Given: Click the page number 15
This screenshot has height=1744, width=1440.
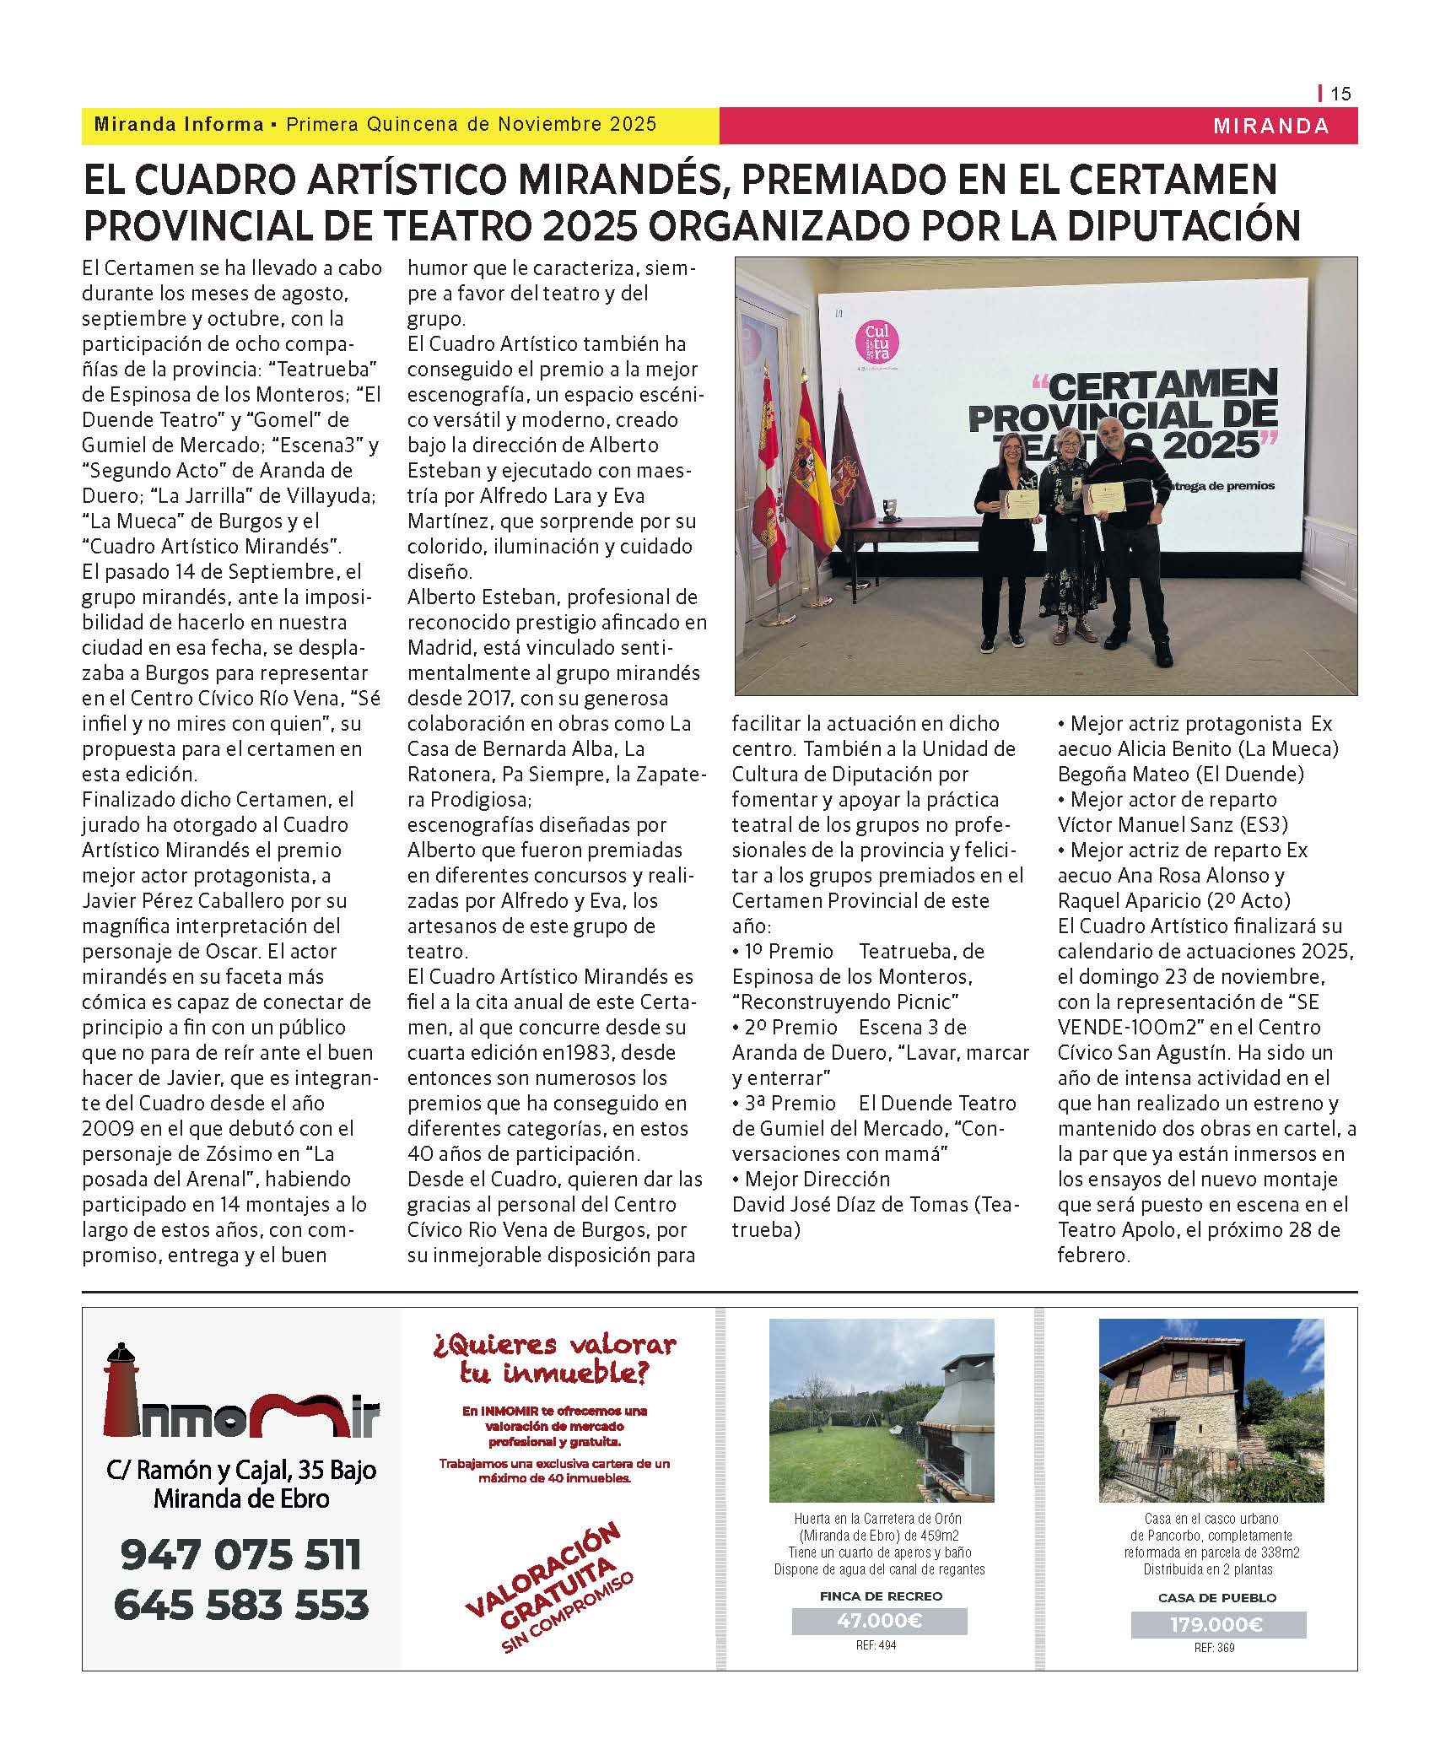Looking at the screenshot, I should coord(1340,94).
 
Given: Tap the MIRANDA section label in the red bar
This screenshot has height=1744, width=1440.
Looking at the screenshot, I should coord(1270,127).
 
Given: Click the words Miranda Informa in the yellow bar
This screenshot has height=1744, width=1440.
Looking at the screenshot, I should coord(179,125).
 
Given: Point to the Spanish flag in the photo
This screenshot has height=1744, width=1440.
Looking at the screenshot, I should coord(812,472).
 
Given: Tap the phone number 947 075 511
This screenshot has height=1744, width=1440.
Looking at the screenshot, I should coord(241,1554).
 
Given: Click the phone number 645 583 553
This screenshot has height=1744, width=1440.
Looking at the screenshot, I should coord(241,1605).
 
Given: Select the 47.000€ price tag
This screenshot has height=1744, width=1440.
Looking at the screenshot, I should coord(879,1621).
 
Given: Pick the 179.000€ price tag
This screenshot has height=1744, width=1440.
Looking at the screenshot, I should coord(1217,1624).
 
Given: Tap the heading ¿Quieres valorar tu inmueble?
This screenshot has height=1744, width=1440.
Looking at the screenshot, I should coord(554,1358).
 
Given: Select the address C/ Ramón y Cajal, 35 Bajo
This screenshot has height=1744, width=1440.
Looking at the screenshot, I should coord(241,1471).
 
